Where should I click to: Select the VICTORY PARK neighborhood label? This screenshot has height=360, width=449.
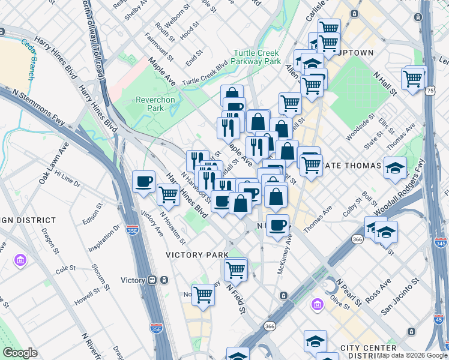pyautogui.click(x=197, y=255)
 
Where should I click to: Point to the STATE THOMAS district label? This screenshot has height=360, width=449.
pyautogui.click(x=358, y=165)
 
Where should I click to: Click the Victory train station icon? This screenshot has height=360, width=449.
pyautogui.click(x=152, y=280)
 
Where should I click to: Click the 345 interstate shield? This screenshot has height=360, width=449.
pyautogui.click(x=441, y=242)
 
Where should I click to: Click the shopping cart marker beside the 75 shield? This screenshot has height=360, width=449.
pyautogui.click(x=413, y=79)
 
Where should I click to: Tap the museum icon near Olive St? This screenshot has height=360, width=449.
pyautogui.click(x=316, y=305)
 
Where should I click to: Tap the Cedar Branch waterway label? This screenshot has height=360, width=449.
pyautogui.click(x=28, y=59)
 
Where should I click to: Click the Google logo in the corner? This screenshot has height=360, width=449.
pyautogui.click(x=19, y=353)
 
